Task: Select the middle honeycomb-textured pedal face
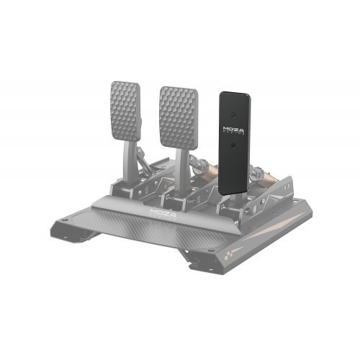click(177, 114)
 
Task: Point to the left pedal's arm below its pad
click(134, 162)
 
